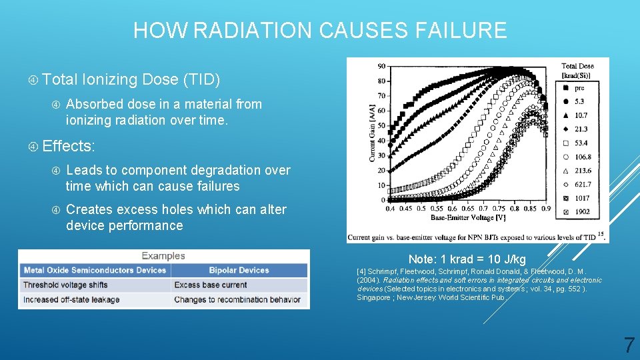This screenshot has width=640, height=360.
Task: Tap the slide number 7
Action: click(x=629, y=345)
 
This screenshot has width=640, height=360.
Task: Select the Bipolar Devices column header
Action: click(x=239, y=270)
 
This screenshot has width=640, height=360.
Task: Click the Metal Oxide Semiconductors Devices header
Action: click(x=95, y=270)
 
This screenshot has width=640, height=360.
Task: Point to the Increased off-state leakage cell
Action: click(x=71, y=299)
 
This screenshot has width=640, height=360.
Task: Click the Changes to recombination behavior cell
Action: click(x=237, y=299)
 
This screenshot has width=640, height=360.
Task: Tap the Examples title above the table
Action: click(x=163, y=256)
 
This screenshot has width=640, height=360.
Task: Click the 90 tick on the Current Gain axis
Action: click(x=380, y=66)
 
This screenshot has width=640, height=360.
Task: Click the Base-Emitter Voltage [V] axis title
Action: click(x=468, y=217)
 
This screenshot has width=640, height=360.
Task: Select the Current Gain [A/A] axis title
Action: click(x=364, y=133)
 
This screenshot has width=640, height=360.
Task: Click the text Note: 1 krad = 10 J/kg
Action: click(x=467, y=259)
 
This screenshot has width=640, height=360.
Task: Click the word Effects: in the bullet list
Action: click(x=69, y=146)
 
